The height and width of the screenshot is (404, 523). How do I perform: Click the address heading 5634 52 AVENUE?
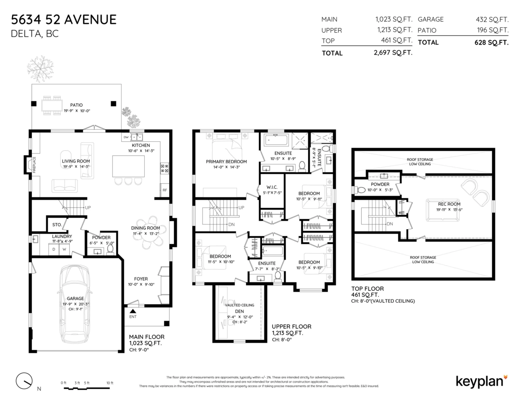64,20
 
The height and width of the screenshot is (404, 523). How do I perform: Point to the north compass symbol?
24,381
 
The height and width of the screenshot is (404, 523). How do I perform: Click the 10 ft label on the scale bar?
109,383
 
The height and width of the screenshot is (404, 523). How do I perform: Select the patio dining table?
51,105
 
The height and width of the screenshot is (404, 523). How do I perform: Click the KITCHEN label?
141,145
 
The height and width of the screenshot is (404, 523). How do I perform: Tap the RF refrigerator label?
165,190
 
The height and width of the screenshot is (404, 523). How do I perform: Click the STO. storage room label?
57,225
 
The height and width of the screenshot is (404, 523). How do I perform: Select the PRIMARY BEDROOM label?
226,162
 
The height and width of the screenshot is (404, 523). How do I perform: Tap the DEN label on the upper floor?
239,312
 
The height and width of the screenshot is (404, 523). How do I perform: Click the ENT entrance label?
132,316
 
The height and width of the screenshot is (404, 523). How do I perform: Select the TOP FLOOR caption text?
367,289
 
